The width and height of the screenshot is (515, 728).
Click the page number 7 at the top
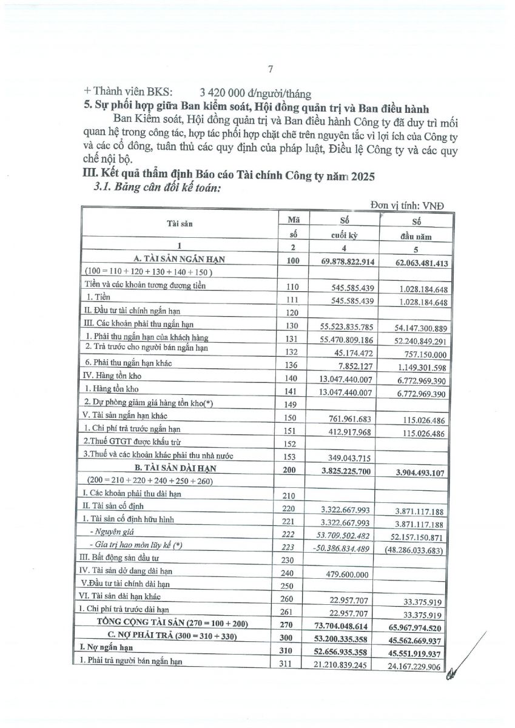pos(271,69)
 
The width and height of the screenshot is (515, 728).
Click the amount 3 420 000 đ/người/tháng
pos(251,93)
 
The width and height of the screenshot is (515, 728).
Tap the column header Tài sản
pos(180,223)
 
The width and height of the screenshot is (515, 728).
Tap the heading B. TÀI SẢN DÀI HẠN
pos(180,468)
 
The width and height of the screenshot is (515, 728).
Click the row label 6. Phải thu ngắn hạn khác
pos(129,362)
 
